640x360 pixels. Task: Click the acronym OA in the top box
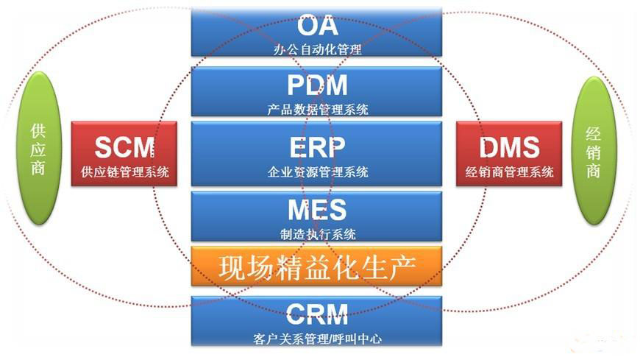(317, 27)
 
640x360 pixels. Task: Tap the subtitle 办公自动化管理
(317, 50)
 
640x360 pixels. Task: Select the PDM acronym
(317, 86)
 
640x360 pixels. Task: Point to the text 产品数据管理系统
(317, 110)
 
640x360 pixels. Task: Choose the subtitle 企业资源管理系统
(317, 172)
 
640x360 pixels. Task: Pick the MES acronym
(317, 210)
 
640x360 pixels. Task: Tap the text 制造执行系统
(317, 234)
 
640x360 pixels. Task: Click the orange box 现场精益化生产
(317, 267)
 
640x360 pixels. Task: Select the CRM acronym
(317, 315)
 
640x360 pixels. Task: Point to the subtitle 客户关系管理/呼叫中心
(317, 339)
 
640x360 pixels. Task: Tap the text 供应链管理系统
(125, 172)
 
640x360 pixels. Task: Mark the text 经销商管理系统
(509, 172)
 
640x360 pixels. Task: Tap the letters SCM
(125, 147)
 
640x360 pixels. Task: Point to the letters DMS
(509, 147)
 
